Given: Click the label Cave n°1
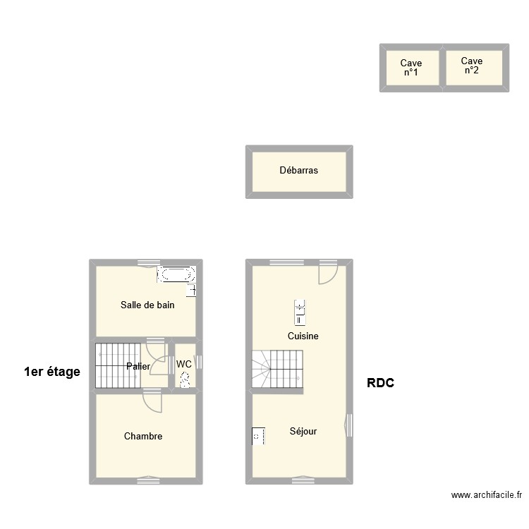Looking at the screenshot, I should point(411,68).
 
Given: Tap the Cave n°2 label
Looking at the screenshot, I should point(472,66).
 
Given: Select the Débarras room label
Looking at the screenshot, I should point(298,170).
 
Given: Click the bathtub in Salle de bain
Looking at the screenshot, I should point(176,274).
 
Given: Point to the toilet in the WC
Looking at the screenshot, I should point(185,379).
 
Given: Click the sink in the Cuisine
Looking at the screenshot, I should point(300,308).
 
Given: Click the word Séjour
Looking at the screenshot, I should point(303,431).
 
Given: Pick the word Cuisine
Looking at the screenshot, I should point(303,336).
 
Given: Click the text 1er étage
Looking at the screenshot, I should point(52,372).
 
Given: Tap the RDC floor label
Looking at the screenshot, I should point(381,383).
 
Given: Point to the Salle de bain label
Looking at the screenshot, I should point(147,305).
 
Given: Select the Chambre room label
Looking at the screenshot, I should point(143,437).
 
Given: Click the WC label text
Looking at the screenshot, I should point(184,364).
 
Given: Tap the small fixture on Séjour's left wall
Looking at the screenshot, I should point(257,436).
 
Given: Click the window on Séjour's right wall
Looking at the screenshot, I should point(349,425).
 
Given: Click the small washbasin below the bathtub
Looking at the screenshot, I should point(191,290).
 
